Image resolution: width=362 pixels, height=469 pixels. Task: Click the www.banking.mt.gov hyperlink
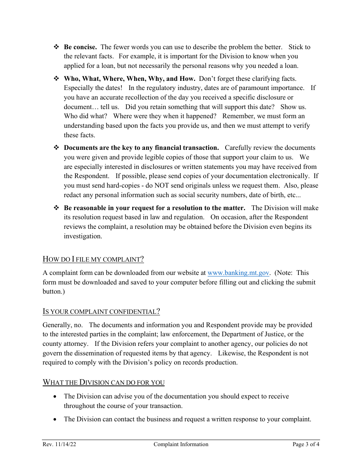(239, 273)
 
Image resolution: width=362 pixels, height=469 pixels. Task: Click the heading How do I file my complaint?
(93, 259)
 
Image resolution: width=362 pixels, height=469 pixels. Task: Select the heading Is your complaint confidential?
(101, 312)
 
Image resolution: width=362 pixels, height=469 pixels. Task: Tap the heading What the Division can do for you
(104, 382)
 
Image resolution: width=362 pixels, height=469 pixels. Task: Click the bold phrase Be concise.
(80, 47)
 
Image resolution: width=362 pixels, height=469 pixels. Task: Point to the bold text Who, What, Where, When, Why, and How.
(130, 79)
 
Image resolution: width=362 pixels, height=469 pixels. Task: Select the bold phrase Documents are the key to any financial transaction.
(141, 148)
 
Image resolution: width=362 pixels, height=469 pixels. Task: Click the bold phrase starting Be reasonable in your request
(154, 208)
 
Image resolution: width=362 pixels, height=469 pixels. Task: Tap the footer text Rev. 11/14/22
(59, 444)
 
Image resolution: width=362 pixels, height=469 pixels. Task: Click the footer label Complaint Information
(181, 444)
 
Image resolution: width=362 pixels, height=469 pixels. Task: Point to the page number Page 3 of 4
(306, 444)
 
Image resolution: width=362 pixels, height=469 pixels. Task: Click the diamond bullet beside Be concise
(56, 47)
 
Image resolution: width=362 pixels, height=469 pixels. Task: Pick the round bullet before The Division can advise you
(56, 397)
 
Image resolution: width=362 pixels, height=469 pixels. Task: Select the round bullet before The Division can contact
(56, 419)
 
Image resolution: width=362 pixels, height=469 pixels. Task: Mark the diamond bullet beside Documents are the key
(56, 148)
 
